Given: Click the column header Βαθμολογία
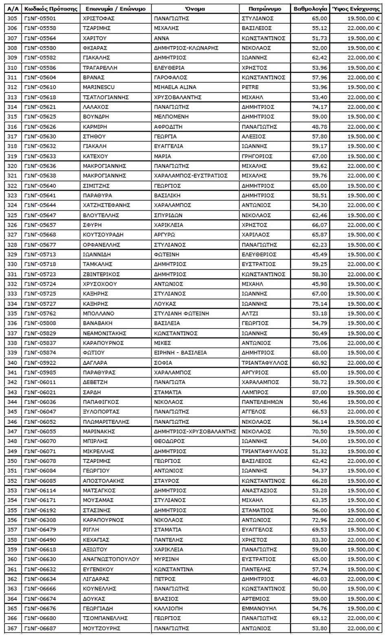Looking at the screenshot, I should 310,9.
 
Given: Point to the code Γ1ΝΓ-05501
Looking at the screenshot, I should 40,18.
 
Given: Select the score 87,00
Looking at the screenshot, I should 319,392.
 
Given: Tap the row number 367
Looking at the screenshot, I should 12,628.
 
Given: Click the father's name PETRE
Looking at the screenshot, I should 250,87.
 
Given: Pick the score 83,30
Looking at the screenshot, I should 319,540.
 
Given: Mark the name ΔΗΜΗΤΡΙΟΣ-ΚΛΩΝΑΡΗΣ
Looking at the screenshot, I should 186,48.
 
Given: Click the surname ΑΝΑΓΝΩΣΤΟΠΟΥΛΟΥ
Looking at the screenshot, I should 111,559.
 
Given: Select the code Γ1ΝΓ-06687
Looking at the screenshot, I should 40,628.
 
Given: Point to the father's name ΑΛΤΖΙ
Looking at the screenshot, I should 250,313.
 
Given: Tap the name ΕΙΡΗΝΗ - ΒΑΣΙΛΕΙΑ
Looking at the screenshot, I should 180,353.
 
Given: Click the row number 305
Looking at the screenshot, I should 12,18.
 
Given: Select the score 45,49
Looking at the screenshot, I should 319,254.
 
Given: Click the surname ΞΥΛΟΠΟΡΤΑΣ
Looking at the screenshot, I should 101,412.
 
